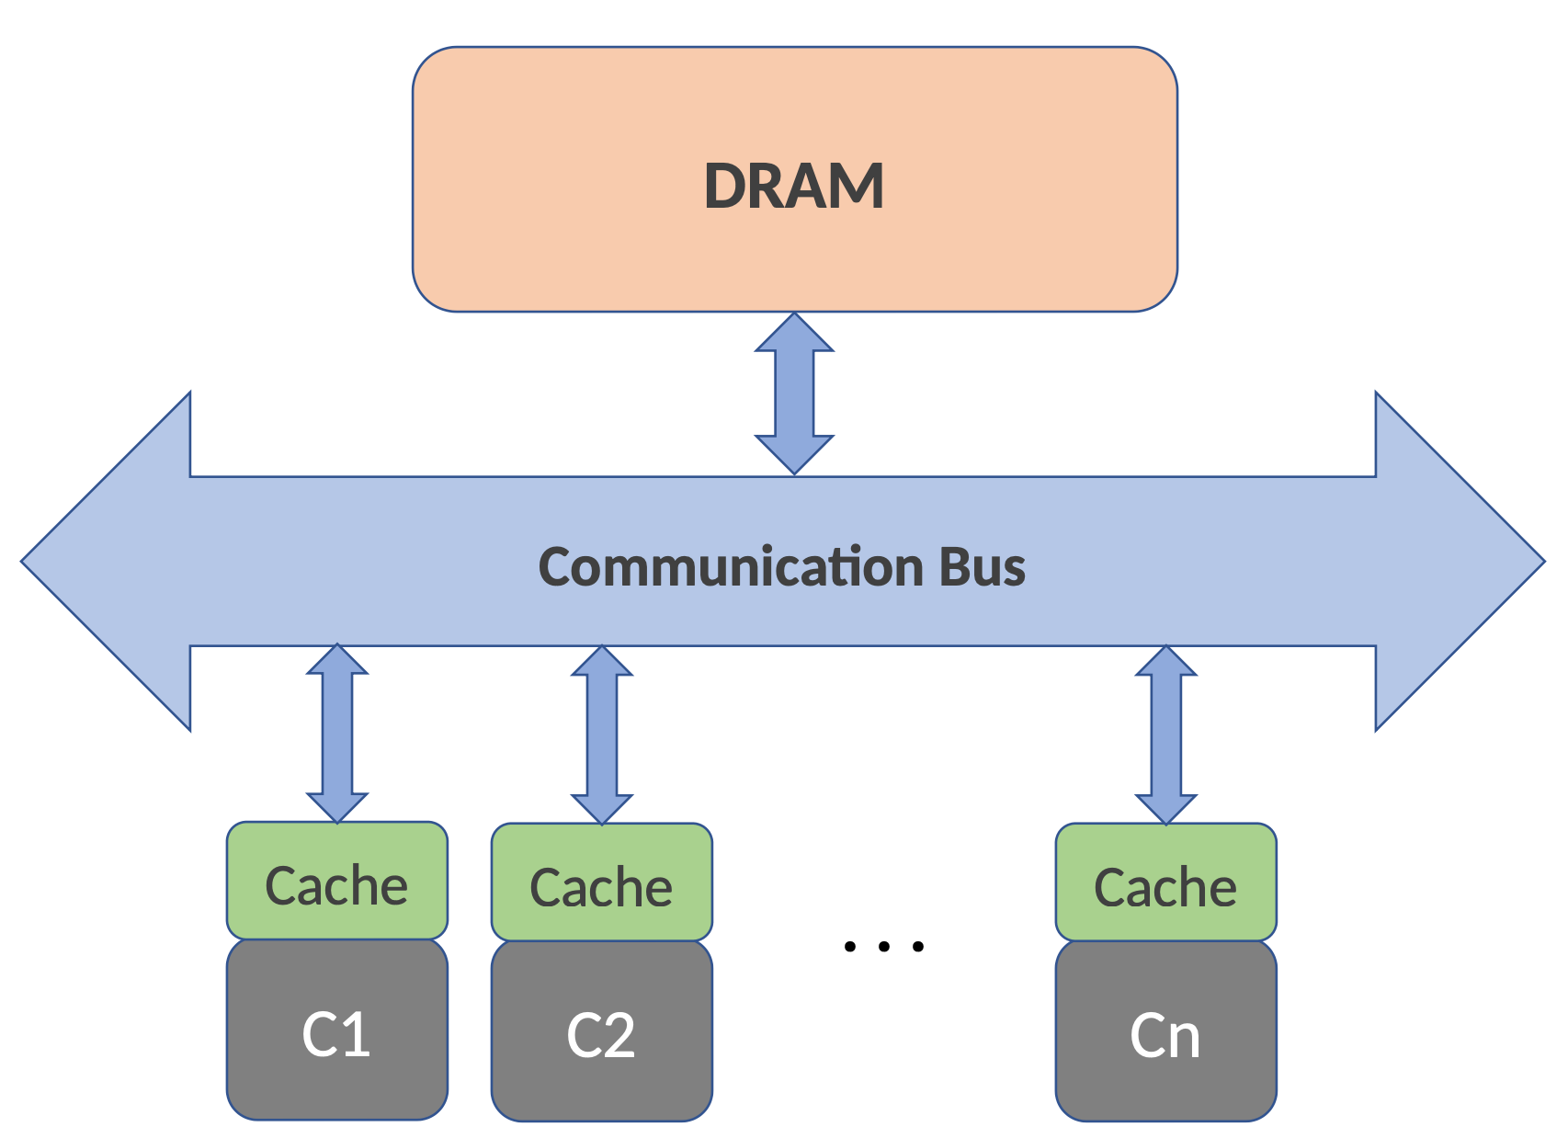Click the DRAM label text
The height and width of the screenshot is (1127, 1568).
click(794, 186)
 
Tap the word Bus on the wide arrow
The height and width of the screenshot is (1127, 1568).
click(982, 566)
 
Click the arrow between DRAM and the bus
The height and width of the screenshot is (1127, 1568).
click(794, 393)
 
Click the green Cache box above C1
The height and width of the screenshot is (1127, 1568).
click(336, 881)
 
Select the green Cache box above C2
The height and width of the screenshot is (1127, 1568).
click(601, 882)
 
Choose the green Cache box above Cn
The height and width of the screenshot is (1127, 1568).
click(1165, 882)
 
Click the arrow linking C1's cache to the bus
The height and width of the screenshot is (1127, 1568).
click(337, 734)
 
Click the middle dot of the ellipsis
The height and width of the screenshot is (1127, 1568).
click(883, 946)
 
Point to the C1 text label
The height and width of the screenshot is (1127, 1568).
click(336, 1035)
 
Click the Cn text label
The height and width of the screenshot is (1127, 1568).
click(1165, 1037)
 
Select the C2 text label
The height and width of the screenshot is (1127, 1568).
click(601, 1037)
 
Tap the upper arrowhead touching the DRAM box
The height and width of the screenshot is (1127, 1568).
click(794, 333)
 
